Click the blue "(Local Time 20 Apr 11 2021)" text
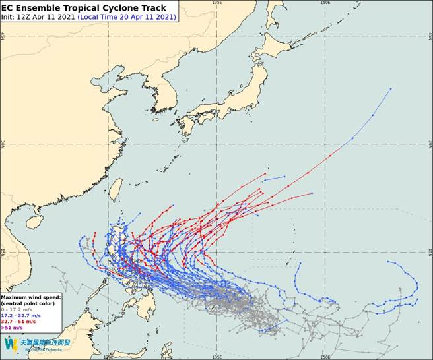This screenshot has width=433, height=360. [127, 16]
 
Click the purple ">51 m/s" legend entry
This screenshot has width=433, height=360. [13, 327]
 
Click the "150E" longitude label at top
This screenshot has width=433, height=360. [325, 3]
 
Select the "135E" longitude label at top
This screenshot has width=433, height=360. [216, 3]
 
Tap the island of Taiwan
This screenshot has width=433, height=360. [115, 189]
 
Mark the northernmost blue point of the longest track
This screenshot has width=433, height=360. [391, 88]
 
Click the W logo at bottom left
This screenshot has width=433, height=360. [11, 344]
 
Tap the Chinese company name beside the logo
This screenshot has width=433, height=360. [46, 342]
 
